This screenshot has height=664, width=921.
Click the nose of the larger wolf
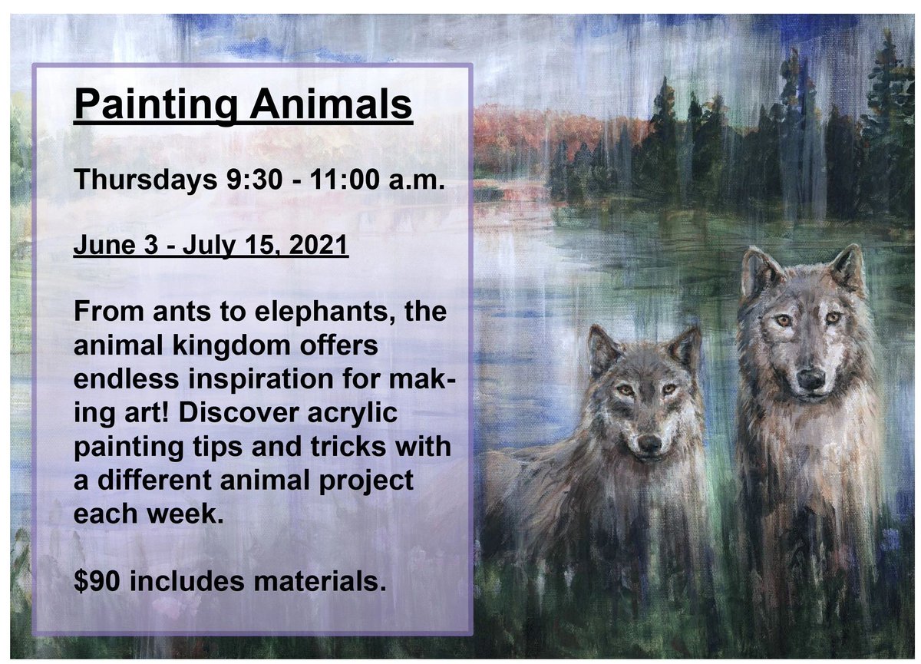tap(810, 377)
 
